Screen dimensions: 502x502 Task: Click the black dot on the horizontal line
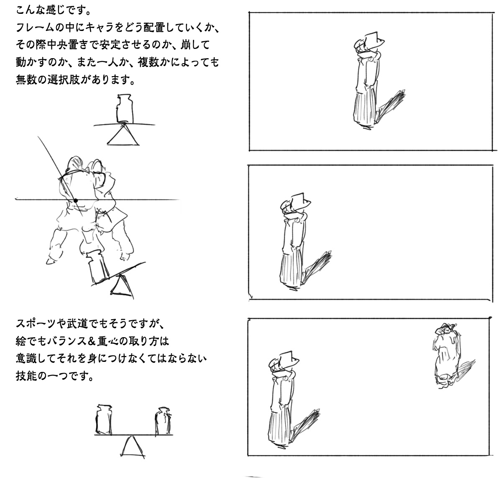[76, 201]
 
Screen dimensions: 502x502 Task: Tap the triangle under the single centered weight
[123, 136]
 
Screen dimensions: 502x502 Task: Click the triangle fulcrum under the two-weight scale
[133, 447]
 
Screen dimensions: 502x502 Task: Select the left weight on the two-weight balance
[104, 420]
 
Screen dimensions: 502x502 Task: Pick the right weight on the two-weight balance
[163, 421]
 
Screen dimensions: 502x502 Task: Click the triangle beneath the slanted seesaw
[122, 287]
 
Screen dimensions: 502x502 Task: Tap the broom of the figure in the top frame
[390, 106]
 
